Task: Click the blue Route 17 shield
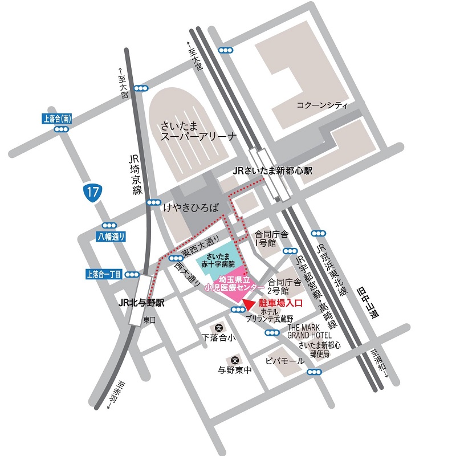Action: (x=93, y=192)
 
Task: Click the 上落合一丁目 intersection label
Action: (x=104, y=275)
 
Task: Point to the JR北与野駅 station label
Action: (x=141, y=303)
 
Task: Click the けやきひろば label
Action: (x=191, y=208)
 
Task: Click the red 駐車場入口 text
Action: (x=279, y=304)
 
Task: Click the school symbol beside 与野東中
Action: (x=235, y=360)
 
